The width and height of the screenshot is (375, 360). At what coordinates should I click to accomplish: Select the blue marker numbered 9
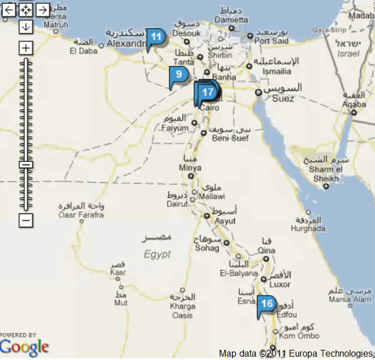tap(178, 74)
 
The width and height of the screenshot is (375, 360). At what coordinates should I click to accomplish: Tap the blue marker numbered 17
tap(208, 92)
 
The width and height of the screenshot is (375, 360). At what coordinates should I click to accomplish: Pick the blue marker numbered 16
tap(266, 304)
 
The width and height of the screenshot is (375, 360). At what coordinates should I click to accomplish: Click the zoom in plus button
tap(25, 48)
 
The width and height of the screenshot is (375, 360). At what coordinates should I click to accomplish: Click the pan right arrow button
tap(42, 9)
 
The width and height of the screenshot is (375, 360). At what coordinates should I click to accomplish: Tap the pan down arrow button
tap(25, 26)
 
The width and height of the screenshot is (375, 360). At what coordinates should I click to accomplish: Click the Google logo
tap(24, 347)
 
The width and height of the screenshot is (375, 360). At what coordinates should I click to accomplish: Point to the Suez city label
tap(283, 99)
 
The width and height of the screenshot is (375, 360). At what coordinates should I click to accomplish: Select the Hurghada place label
tap(308, 228)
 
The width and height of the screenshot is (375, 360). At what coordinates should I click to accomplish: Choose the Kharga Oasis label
tap(182, 311)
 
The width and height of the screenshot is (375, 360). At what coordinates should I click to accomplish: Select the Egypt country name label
tap(157, 254)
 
